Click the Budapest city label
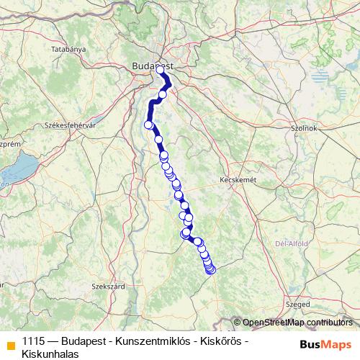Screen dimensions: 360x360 (152, 66)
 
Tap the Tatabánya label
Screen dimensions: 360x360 (69, 49)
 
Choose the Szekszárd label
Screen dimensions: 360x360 (105, 286)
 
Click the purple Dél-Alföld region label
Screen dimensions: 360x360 (291, 243)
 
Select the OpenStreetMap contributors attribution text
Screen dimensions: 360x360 (297, 322)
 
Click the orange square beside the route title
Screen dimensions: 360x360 (9, 343)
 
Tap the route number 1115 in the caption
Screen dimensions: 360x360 (33, 341)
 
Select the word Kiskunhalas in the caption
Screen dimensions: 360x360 (50, 354)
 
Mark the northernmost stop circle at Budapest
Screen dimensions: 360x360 (161, 71)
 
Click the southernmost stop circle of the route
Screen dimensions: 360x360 (211, 270)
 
